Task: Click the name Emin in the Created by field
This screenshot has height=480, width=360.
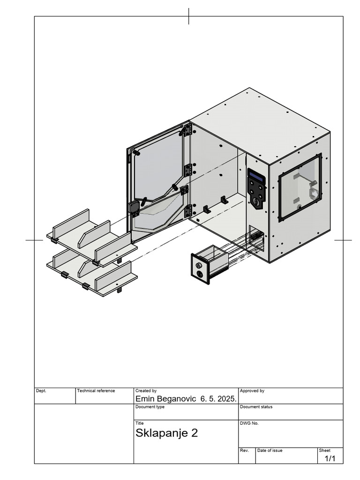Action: pyautogui.click(x=146, y=399)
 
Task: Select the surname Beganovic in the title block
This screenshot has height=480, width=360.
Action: pyautogui.click(x=177, y=399)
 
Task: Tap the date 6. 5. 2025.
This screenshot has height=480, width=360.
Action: pyautogui.click(x=218, y=399)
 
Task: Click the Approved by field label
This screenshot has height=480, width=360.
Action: pyautogui.click(x=252, y=390)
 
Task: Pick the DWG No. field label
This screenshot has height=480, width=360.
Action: pyautogui.click(x=249, y=423)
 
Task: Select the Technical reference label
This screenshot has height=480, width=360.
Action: pyautogui.click(x=96, y=390)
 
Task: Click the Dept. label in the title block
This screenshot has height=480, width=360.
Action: pyautogui.click(x=41, y=390)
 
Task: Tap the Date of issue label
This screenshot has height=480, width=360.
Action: pyautogui.click(x=270, y=450)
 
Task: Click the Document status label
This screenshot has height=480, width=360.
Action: pyautogui.click(x=256, y=407)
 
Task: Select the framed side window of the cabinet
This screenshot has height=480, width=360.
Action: pyautogui.click(x=300, y=187)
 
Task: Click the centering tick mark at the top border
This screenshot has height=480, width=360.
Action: pyautogui.click(x=189, y=16)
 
